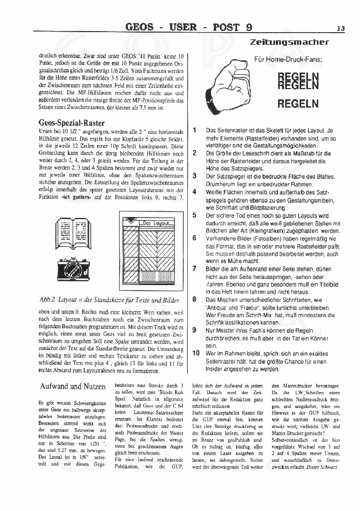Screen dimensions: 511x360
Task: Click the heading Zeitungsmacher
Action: pos(289,42)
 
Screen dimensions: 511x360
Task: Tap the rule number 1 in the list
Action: pos(194,130)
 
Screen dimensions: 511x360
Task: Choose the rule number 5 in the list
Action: pos(194,215)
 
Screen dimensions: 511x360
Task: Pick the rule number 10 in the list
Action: pos(196,353)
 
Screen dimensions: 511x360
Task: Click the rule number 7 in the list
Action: pos(194,269)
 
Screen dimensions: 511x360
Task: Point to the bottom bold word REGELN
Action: pos(297,103)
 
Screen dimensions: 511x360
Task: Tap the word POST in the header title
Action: pos(226,27)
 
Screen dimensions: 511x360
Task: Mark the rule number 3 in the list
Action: pos(194,176)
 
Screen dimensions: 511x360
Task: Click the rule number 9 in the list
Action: pos(194,329)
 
